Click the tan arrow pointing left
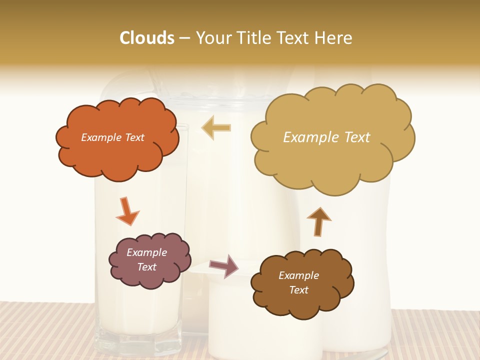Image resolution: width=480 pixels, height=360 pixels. click(x=216, y=128)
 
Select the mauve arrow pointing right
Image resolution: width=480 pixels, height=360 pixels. click(x=224, y=265)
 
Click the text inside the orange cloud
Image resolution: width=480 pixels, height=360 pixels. click(x=112, y=137)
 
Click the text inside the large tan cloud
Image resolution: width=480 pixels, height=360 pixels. click(x=326, y=137)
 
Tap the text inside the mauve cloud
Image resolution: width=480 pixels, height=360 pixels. click(x=147, y=259)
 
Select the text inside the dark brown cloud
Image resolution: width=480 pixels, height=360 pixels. click(x=298, y=282)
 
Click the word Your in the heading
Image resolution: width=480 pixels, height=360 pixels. click(x=213, y=38)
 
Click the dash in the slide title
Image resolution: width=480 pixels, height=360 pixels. click(x=184, y=38)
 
